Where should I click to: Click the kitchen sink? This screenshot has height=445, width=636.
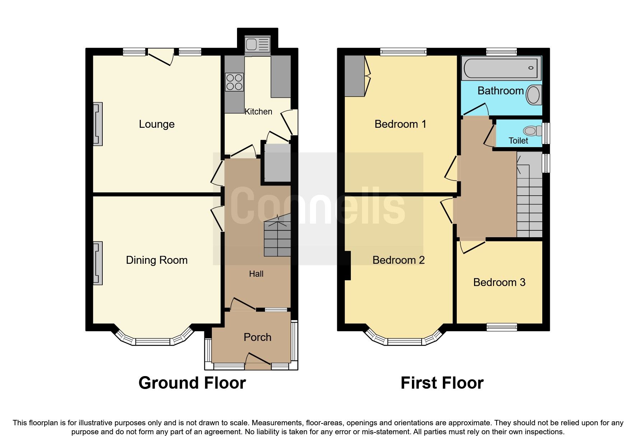point(257,45)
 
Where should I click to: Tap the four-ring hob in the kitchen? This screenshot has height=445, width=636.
point(234,82)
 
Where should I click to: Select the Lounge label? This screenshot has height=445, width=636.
point(157,124)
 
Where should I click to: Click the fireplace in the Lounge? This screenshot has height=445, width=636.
point(98,124)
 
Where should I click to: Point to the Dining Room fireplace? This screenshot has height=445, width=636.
point(98,263)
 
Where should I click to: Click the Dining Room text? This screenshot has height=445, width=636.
point(157,260)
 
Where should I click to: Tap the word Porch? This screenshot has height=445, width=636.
point(257,337)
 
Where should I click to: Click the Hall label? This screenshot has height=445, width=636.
point(256,274)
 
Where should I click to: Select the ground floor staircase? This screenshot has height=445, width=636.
point(277,237)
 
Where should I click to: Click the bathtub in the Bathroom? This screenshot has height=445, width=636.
point(501,68)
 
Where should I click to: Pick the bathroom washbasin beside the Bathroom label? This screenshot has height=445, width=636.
point(534,95)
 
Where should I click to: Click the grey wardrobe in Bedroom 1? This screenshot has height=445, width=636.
point(354,76)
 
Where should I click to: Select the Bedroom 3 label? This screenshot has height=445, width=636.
point(499,282)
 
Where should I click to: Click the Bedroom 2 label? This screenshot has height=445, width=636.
point(398,260)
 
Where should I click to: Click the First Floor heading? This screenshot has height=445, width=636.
point(442,383)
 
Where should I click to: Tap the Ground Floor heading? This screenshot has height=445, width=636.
point(192,383)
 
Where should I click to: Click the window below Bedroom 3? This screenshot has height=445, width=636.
point(502,327)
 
